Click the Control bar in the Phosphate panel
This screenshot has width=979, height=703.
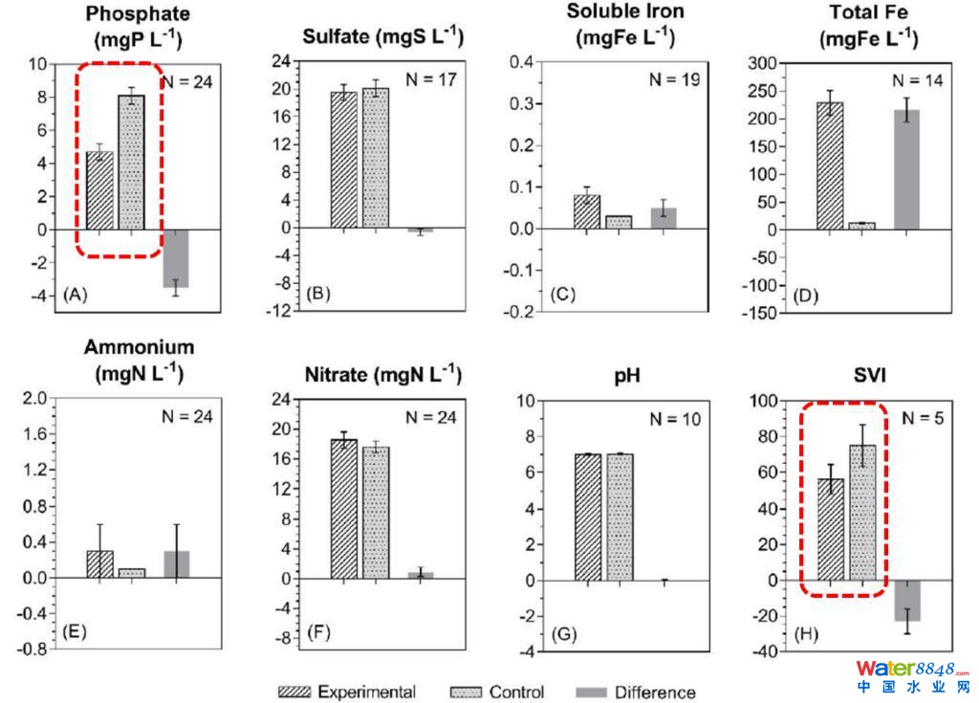coord(131,163)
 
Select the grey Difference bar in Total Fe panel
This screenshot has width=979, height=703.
coord(904,170)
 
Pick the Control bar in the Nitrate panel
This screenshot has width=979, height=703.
coord(377,513)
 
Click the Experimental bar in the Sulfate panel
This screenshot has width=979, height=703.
coord(344,160)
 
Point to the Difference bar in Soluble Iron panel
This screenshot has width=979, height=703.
coord(664,218)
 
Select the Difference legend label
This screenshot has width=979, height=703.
coord(655,692)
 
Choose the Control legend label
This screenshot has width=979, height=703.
coord(516,692)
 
